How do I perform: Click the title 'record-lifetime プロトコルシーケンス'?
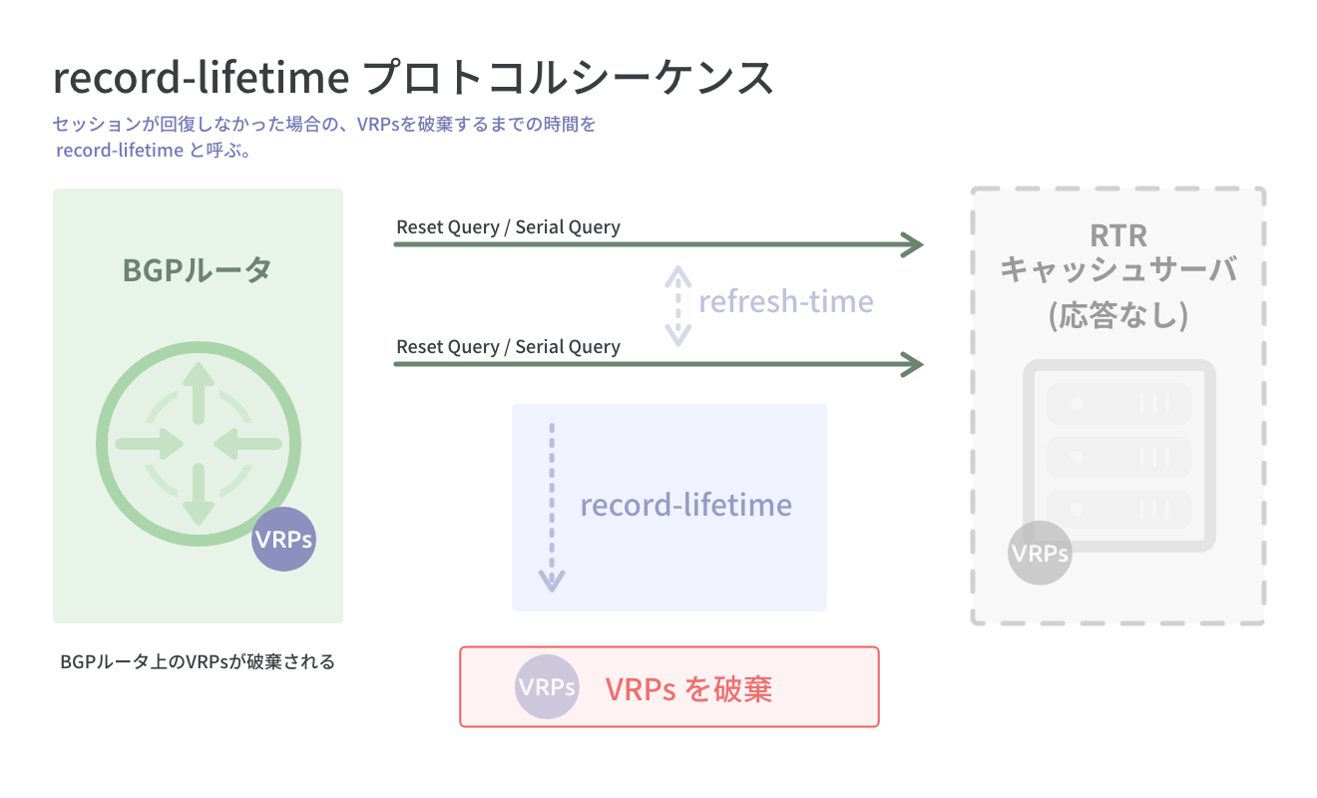click(413, 78)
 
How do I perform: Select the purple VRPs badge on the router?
click(283, 540)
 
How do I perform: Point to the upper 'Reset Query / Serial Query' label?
click(508, 227)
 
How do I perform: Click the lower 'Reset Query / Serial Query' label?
click(508, 347)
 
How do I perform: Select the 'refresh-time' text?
click(785, 301)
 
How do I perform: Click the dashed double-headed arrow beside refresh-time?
click(678, 305)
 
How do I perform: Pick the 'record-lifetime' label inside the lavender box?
click(685, 505)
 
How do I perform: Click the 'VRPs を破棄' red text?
click(688, 688)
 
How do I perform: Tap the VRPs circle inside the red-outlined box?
click(547, 687)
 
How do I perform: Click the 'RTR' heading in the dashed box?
click(1118, 235)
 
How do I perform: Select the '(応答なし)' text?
click(1118, 315)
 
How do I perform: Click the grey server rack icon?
click(1119, 455)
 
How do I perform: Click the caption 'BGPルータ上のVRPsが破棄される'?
click(198, 661)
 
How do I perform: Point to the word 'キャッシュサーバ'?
click(1118, 270)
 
